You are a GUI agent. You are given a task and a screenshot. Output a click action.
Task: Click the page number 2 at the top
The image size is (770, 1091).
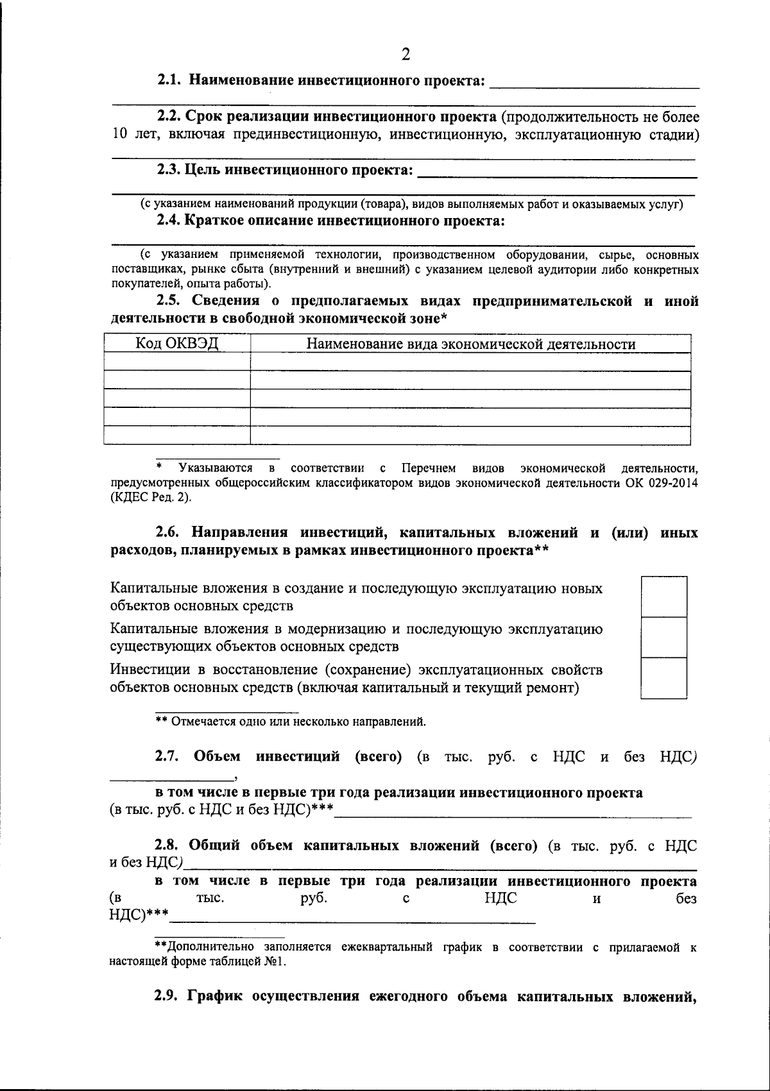click(x=405, y=54)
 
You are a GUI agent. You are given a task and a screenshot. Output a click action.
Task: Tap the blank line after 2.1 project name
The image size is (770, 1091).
click(x=594, y=83)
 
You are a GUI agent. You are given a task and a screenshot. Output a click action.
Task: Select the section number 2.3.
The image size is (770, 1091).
click(x=169, y=170)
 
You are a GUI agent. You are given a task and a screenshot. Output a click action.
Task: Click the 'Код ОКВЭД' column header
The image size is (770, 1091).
click(x=176, y=344)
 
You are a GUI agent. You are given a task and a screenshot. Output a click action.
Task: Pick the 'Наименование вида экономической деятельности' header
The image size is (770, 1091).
click(x=470, y=344)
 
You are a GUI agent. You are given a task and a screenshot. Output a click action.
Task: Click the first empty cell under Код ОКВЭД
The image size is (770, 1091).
click(x=176, y=362)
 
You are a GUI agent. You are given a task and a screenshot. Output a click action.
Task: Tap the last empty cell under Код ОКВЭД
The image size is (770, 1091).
click(x=176, y=435)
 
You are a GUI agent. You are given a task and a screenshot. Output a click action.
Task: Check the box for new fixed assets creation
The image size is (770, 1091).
click(x=663, y=596)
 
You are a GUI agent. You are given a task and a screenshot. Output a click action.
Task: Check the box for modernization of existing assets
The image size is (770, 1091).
click(x=663, y=637)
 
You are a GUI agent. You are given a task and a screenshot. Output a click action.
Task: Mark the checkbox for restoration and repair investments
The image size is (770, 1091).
click(x=663, y=678)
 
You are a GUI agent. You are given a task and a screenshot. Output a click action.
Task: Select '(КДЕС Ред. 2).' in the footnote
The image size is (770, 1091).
click(x=150, y=497)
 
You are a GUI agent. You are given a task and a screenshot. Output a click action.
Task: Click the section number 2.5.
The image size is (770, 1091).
click(x=171, y=301)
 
